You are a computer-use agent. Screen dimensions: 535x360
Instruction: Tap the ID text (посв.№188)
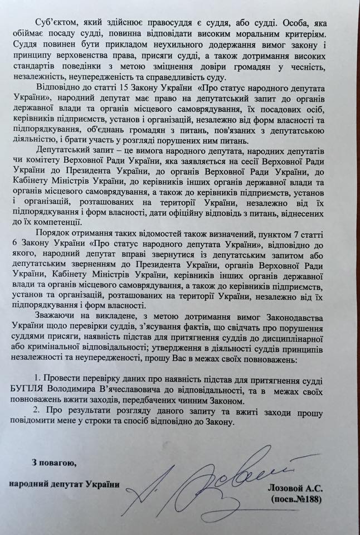pyautogui.click(x=296, y=500)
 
